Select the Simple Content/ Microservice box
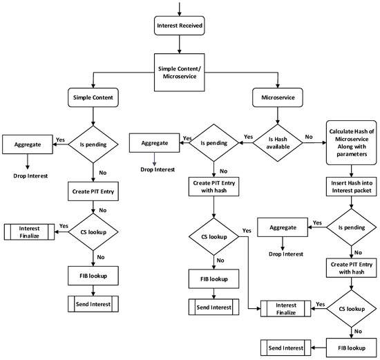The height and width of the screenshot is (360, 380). (180, 73)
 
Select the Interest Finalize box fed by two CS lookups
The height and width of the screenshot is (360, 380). (285, 288)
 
